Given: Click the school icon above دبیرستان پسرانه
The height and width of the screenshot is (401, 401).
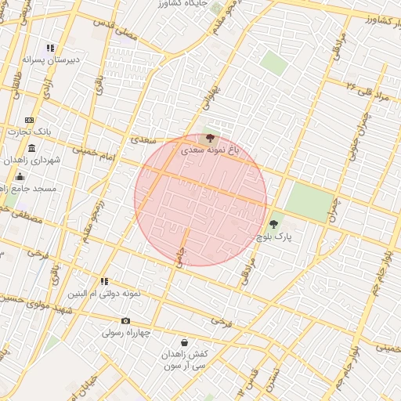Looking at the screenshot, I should tap(52, 49).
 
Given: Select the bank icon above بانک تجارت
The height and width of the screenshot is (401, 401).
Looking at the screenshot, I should tap(29, 120).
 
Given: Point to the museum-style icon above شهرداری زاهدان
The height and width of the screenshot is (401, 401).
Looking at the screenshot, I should tap(31, 149).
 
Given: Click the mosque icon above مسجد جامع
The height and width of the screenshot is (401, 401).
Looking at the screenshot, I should tap(20, 177).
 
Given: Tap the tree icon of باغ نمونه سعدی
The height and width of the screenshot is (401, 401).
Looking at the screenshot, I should tap(209, 138).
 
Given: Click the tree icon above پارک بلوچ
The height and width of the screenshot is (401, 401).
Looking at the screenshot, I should tap(273, 224).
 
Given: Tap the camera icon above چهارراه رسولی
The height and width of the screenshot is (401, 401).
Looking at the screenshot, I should tap(126, 320).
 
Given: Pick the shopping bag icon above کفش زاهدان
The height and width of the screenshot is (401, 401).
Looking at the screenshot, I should tap(184, 342).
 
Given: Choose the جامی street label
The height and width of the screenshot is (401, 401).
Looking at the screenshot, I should tap(182, 258).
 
